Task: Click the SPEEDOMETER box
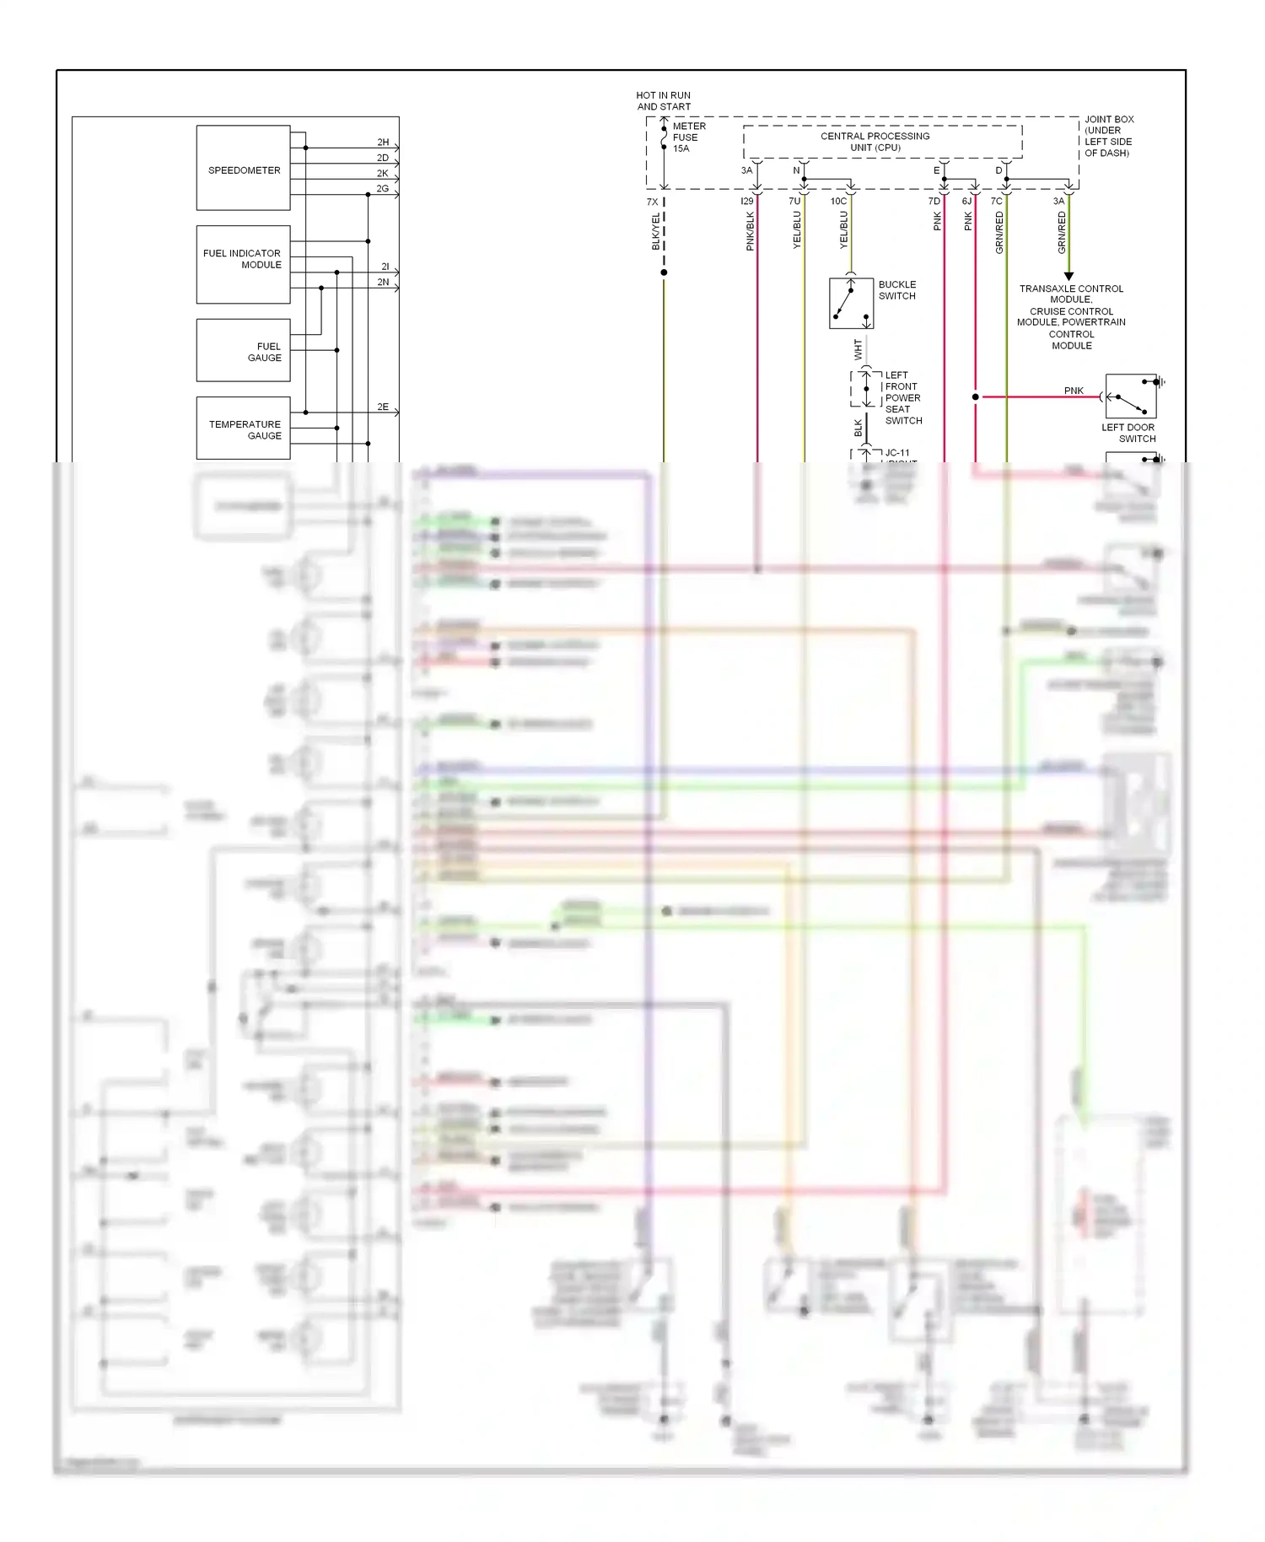(243, 169)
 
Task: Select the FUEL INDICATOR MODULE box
(243, 264)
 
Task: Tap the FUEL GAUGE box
(243, 350)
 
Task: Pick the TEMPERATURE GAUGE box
(243, 429)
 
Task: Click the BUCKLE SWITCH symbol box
(851, 303)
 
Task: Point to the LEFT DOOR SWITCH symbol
(1131, 396)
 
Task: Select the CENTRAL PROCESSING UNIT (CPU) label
(875, 142)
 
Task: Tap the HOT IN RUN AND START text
(664, 101)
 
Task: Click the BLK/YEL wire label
(656, 231)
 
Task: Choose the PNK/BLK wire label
(751, 231)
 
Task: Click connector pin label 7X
(652, 202)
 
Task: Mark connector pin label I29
(747, 202)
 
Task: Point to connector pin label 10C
(838, 202)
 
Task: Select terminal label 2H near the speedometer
(383, 143)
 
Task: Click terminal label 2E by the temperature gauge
(383, 407)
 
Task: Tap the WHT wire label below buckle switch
(859, 349)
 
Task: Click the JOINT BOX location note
(1108, 136)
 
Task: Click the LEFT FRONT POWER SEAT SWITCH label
(902, 397)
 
